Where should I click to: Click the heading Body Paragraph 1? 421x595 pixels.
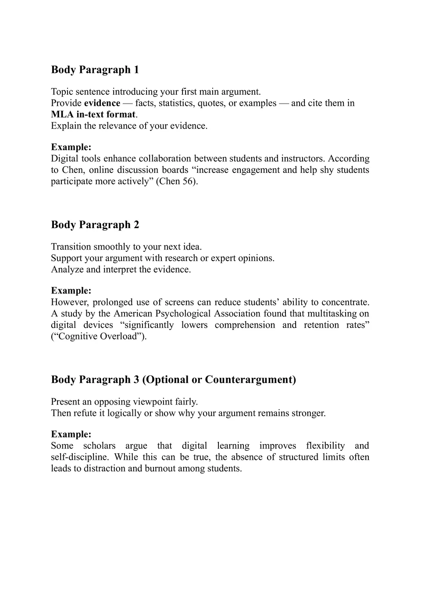coord(95,70)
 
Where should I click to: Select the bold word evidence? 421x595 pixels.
coord(102,103)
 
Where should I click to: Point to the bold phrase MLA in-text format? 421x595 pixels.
coord(93,115)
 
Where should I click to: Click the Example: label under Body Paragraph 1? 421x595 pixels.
coord(71,147)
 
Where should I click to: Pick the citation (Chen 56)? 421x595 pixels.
coord(177,181)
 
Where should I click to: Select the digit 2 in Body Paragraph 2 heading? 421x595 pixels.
coord(136,225)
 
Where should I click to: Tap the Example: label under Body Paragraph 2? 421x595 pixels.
coord(71,290)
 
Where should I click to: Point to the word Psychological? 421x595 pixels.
coord(183,313)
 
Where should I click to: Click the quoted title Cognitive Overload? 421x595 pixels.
coord(99,337)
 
